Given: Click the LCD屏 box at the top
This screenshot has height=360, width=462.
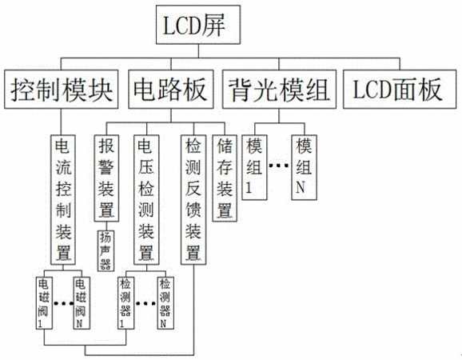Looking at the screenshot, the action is click(198, 25).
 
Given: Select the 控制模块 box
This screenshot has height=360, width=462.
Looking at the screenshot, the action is click(62, 89).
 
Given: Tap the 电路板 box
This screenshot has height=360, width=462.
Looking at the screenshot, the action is click(171, 89).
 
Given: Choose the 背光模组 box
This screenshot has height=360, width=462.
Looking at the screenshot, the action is click(279, 89).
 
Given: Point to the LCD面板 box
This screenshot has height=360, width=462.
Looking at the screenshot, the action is click(400, 89).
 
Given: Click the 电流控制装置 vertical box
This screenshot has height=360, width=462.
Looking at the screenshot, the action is click(63, 200).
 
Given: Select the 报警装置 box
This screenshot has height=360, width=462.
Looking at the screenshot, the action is click(106, 178).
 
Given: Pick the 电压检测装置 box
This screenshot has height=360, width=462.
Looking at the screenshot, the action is click(146, 200).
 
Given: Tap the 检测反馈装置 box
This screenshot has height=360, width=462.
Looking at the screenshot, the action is click(193, 200).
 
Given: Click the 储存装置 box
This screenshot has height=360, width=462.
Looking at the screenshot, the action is click(225, 178).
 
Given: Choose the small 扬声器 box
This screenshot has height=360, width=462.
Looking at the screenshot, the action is click(106, 250).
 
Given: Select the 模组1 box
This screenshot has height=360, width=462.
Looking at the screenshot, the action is click(254, 167).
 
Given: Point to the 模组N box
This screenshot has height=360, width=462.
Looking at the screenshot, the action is click(305, 167).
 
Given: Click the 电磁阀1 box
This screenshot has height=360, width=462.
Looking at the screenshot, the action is click(44, 303).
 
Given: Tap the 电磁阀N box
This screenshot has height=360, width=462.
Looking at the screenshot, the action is click(82, 303).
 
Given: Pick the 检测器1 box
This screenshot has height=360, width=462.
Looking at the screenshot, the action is click(125, 303).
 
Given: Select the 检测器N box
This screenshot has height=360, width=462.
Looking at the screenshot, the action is click(165, 303).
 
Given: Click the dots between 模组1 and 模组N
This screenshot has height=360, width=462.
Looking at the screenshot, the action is click(279, 166).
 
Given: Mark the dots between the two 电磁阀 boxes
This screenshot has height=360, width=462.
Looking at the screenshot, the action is click(63, 303).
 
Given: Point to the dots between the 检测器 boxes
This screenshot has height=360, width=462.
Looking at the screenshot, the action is click(145, 303).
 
